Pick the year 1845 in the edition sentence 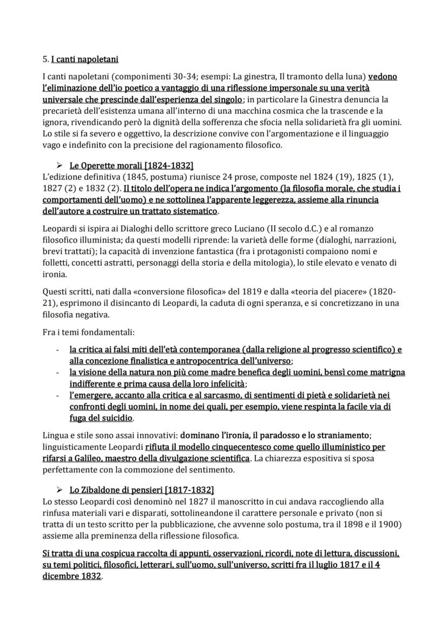coord(123,176)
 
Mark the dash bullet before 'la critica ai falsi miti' coord(57,350)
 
